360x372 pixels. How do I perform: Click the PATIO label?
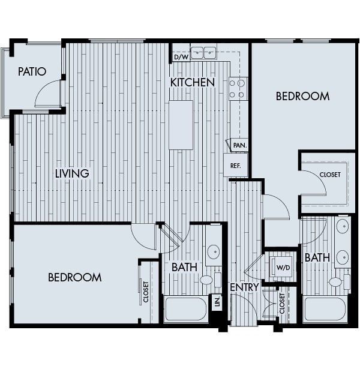tap(32, 71)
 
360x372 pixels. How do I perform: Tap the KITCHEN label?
tap(192, 82)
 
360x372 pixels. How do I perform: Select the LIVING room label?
tap(72, 173)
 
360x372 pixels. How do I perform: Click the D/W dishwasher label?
tap(180, 58)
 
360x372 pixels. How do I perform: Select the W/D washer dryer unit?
tap(281, 266)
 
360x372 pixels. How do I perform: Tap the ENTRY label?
tap(244, 287)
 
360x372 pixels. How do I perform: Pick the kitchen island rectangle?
tap(181, 124)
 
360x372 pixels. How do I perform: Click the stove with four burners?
tap(238, 88)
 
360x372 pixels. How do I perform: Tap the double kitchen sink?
tap(203, 53)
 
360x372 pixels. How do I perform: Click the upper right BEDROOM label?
tap(302, 96)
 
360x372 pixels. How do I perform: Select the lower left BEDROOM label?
tap(74, 277)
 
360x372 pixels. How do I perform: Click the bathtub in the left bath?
tap(186, 310)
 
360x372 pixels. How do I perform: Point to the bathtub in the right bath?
tap(325, 310)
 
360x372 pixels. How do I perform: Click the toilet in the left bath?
tap(207, 280)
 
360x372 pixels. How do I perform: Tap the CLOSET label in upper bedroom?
tap(329, 175)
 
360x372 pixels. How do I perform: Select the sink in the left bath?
tap(213, 251)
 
